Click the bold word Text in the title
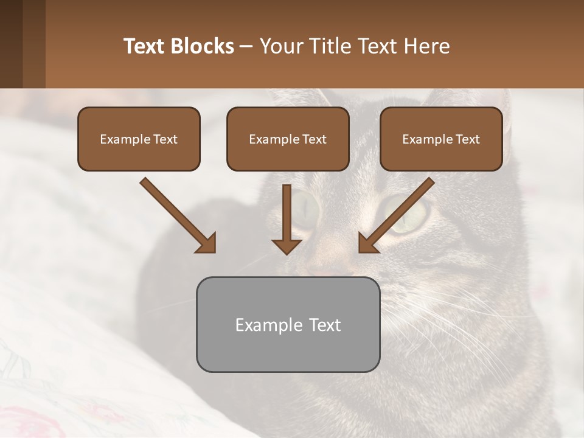pyautogui.click(x=144, y=46)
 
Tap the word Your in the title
pyautogui.click(x=282, y=46)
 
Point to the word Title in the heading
pyautogui.click(x=330, y=46)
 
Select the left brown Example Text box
pyautogui.click(x=139, y=139)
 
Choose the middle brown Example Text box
pyautogui.click(x=288, y=139)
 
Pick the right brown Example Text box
pyautogui.click(x=441, y=139)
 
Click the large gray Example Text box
pyautogui.click(x=288, y=324)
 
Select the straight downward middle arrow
pyautogui.click(x=287, y=219)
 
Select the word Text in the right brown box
pyautogui.click(x=467, y=139)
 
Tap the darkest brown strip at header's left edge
pyautogui.click(x=11, y=44)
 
